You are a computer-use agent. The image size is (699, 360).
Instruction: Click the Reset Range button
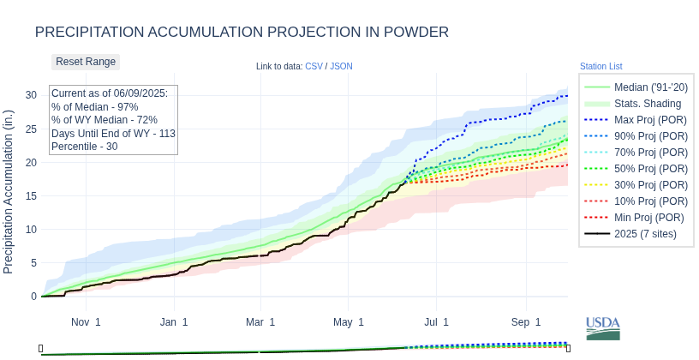86,62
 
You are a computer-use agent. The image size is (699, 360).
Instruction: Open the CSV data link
314,66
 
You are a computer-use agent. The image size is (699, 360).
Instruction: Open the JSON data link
341,66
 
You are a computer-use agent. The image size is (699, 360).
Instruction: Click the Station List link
600,66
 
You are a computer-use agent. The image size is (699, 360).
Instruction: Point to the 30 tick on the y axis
31,95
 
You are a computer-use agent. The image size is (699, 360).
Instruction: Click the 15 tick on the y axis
31,196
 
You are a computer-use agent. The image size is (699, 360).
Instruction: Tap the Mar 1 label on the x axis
260,322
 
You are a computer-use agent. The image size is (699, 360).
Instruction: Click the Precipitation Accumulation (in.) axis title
9,191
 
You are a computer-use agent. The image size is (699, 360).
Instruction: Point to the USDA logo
603,327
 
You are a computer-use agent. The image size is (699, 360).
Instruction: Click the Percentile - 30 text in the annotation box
84,147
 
